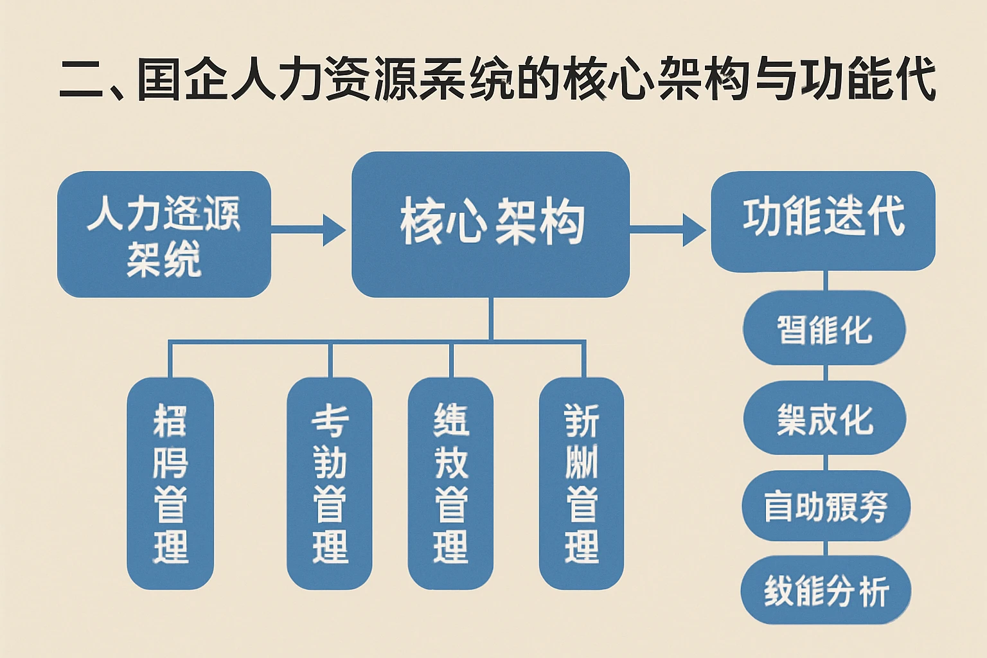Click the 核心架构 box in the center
(490, 224)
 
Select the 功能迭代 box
(822, 220)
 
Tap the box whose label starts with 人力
(164, 234)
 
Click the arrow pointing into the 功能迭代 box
(668, 229)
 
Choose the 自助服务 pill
(825, 506)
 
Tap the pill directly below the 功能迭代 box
(824, 329)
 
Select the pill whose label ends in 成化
(824, 419)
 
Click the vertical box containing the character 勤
(330, 483)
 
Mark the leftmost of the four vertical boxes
(170, 483)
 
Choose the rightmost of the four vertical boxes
(581, 483)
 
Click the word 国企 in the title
(183, 81)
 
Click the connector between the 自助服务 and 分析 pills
(825, 548)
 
